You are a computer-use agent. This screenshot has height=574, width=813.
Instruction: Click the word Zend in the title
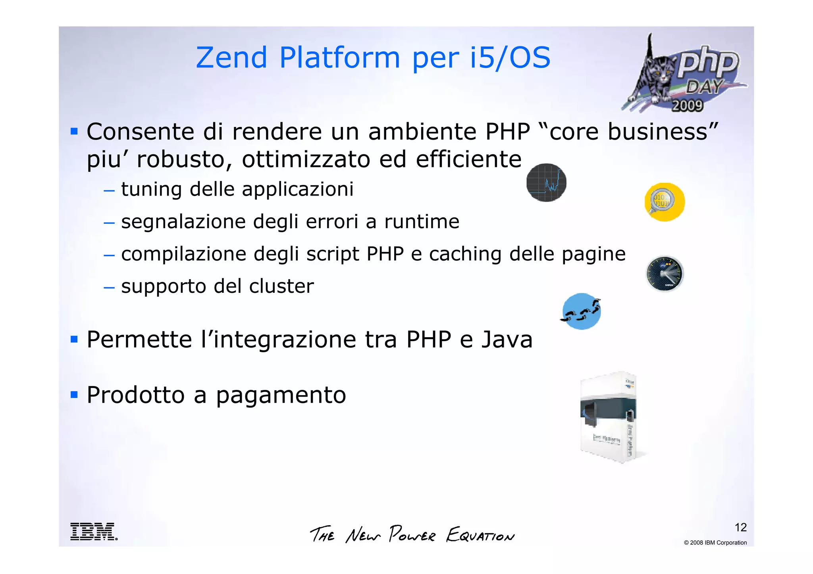(x=231, y=58)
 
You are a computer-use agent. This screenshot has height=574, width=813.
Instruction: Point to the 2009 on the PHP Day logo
(x=687, y=106)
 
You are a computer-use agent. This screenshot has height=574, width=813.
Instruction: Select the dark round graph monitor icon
(x=546, y=182)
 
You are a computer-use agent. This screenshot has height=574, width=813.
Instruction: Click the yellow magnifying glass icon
(x=664, y=202)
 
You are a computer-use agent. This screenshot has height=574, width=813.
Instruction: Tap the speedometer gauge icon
(x=665, y=274)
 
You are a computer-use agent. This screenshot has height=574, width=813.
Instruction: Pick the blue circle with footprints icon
(x=582, y=311)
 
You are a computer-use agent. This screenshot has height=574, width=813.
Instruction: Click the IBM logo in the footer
(x=94, y=532)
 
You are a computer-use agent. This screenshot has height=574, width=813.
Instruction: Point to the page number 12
(x=740, y=527)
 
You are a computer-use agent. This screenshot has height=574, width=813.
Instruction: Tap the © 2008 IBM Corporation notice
(x=715, y=543)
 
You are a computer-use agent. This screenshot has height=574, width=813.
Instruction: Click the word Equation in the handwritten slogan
(x=480, y=535)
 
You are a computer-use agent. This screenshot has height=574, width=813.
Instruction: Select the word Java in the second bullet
(x=507, y=340)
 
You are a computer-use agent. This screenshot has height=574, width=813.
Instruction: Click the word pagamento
(x=281, y=395)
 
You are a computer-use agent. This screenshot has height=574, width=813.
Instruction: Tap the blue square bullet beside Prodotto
(x=74, y=394)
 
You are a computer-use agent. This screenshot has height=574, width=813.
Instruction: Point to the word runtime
(x=422, y=221)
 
